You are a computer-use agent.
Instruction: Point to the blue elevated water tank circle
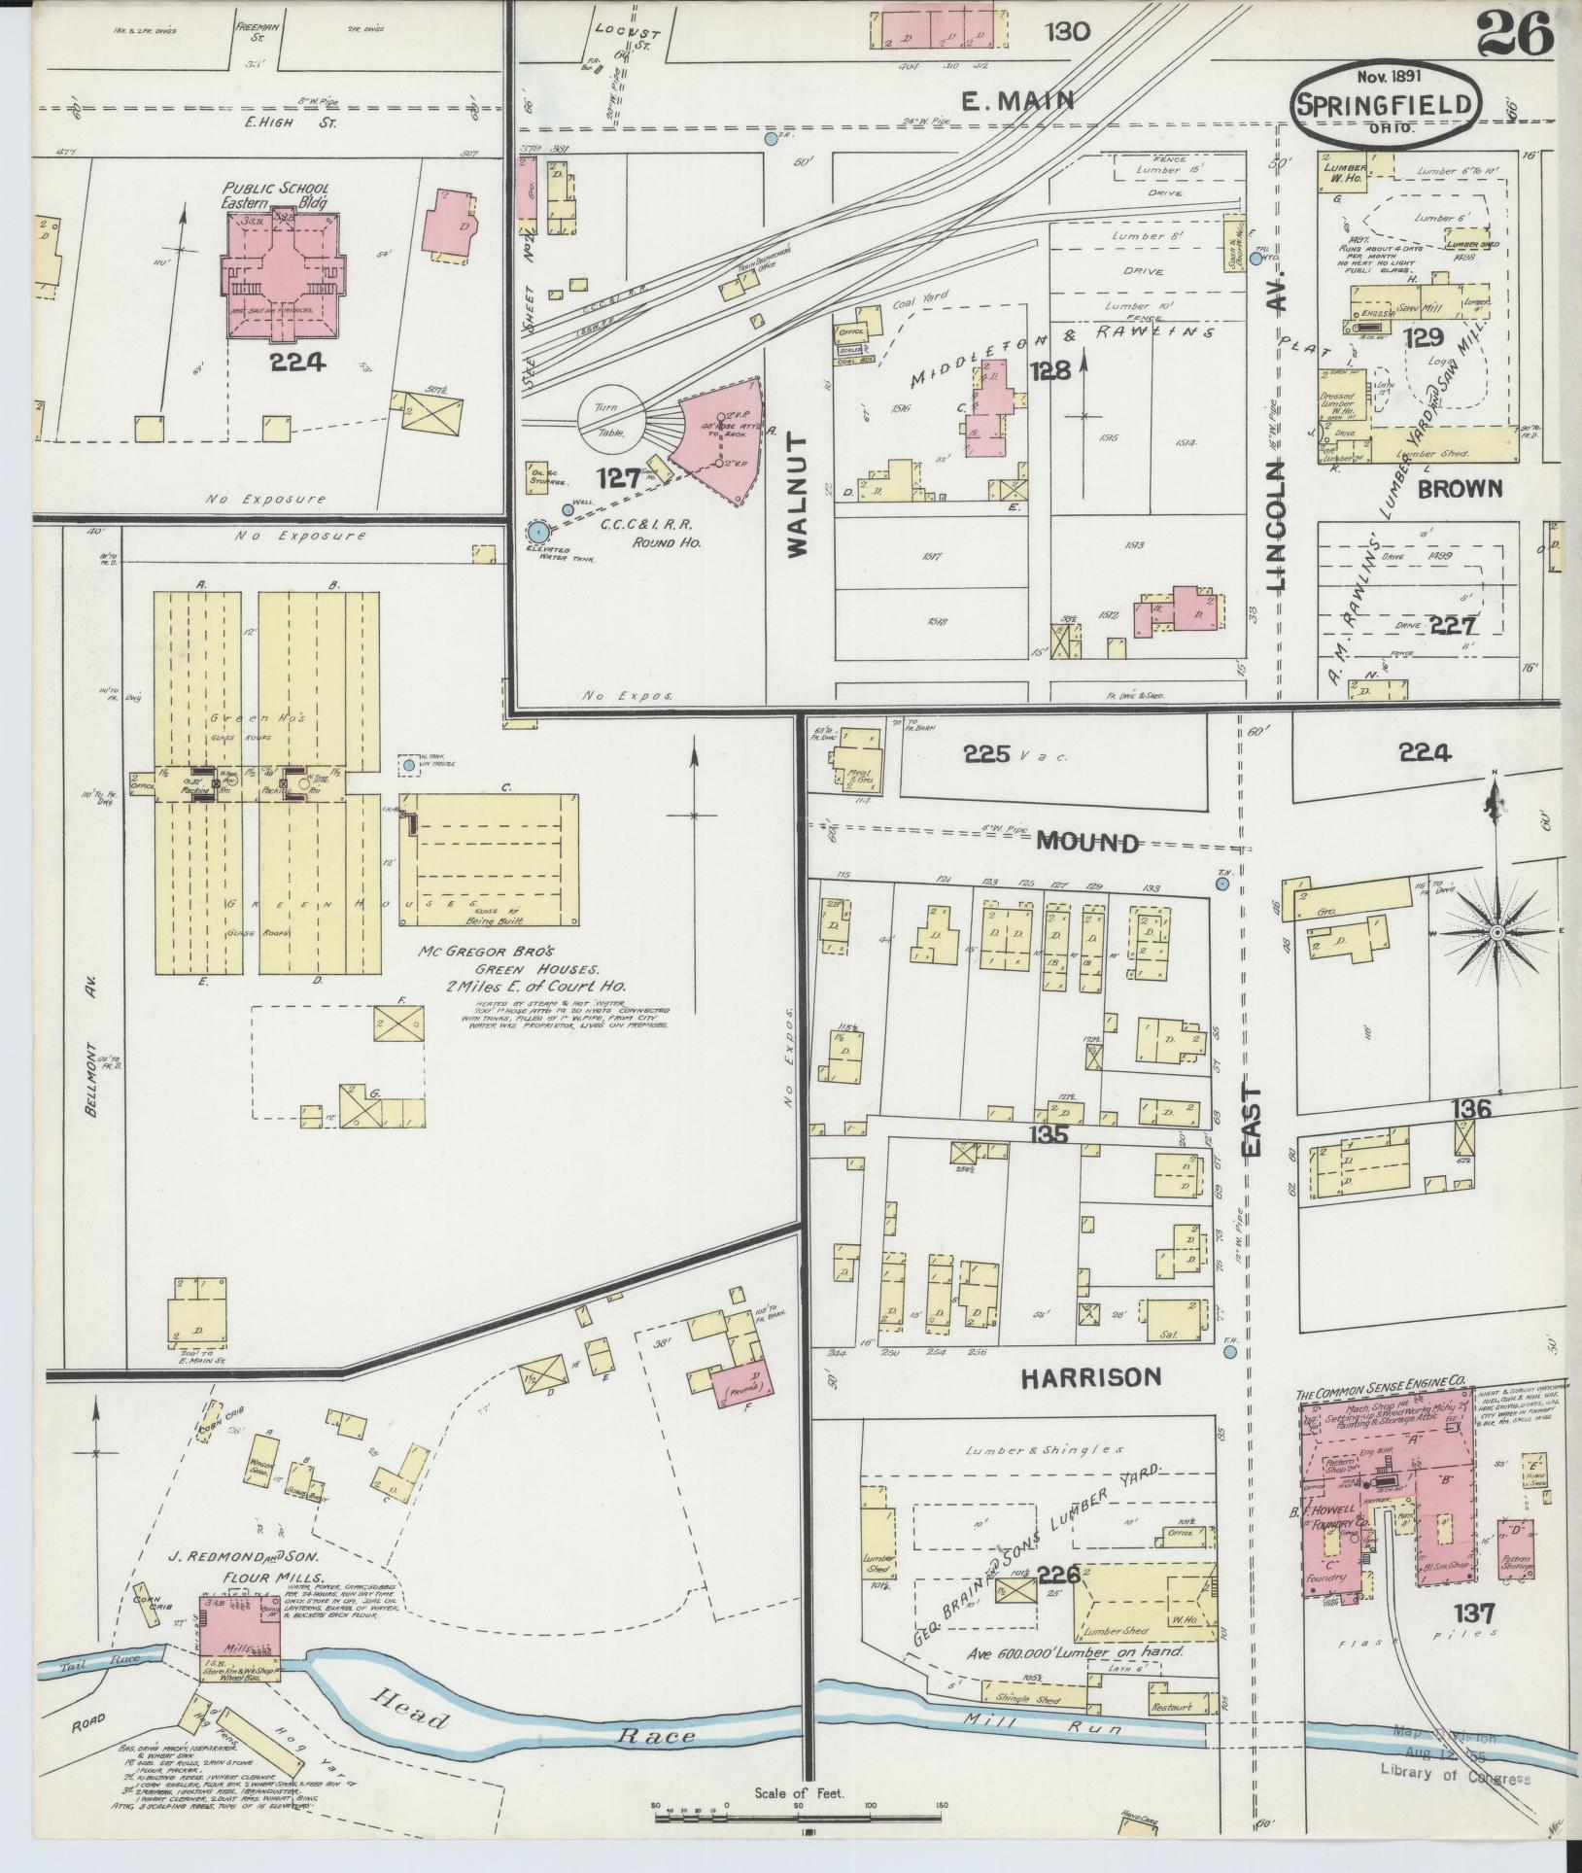[x=536, y=532]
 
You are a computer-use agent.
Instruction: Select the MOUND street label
[x=1086, y=843]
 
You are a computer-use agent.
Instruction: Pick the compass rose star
[x=1497, y=933]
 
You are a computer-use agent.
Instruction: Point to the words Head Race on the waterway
[x=525, y=1723]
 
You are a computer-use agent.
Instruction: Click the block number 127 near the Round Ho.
[x=618, y=477]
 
